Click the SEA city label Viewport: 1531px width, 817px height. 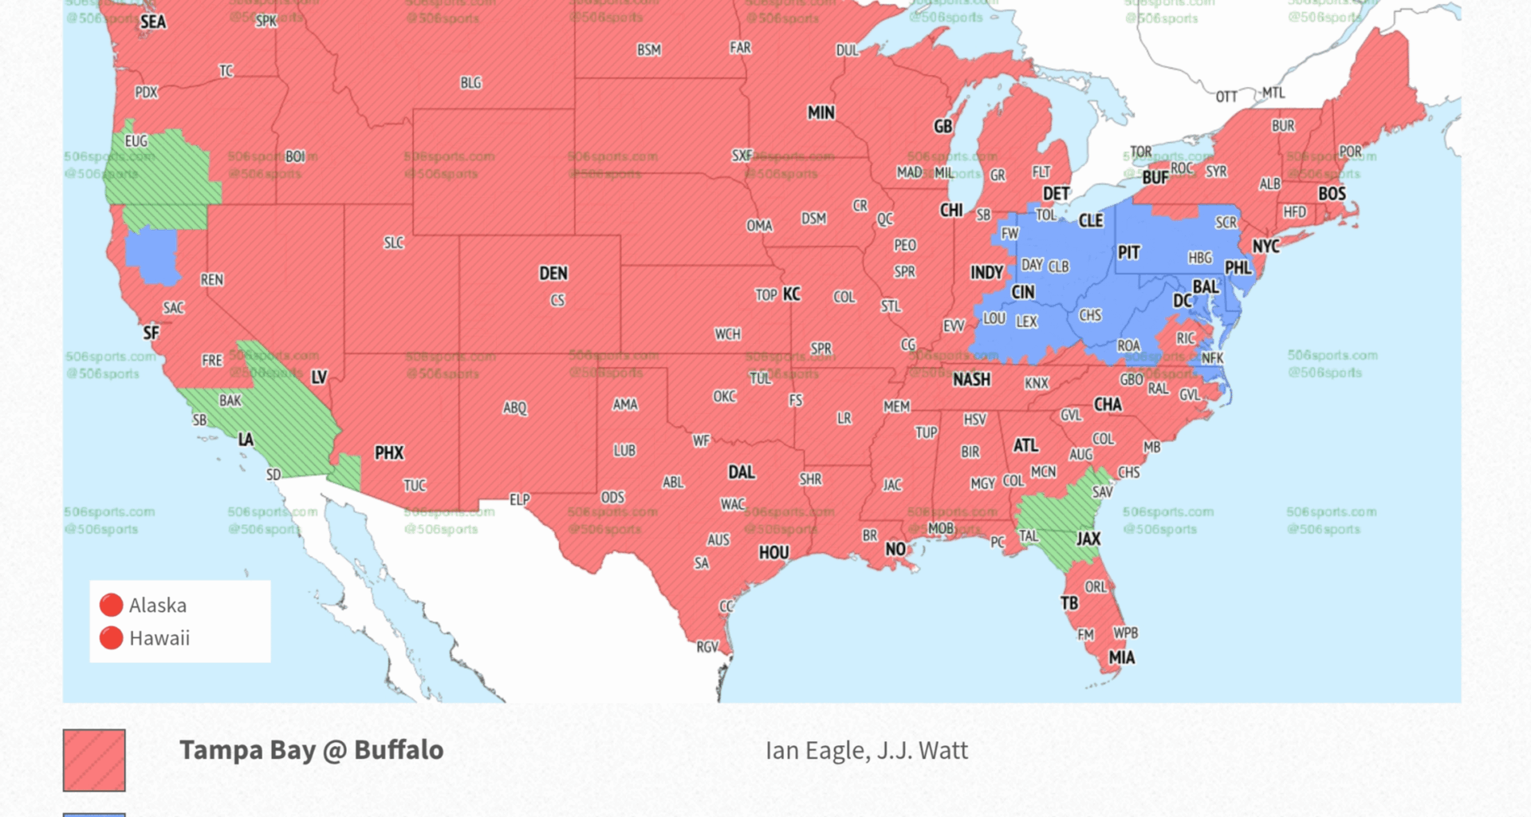[x=153, y=22]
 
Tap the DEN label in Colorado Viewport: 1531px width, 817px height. [x=553, y=274]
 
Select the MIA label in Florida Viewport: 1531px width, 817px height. [x=1121, y=657]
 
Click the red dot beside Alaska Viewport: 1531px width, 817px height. [x=111, y=605]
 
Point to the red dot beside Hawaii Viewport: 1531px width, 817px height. [x=111, y=637]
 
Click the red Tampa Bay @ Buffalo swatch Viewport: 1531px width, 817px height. [x=94, y=760]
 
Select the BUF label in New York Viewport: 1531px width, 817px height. [x=1155, y=177]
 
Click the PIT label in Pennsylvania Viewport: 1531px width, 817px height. [x=1128, y=253]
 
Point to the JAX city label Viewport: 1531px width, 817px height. [x=1088, y=539]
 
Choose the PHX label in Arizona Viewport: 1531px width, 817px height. [x=389, y=453]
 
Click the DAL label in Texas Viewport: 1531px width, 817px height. [x=741, y=472]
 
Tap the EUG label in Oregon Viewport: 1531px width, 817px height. [x=136, y=141]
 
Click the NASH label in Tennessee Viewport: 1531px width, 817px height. [x=971, y=380]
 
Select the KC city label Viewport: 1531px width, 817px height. [x=791, y=294]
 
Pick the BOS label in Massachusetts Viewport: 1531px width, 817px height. [x=1332, y=194]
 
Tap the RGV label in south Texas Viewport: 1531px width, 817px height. [x=707, y=646]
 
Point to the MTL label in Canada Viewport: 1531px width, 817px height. [x=1273, y=93]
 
